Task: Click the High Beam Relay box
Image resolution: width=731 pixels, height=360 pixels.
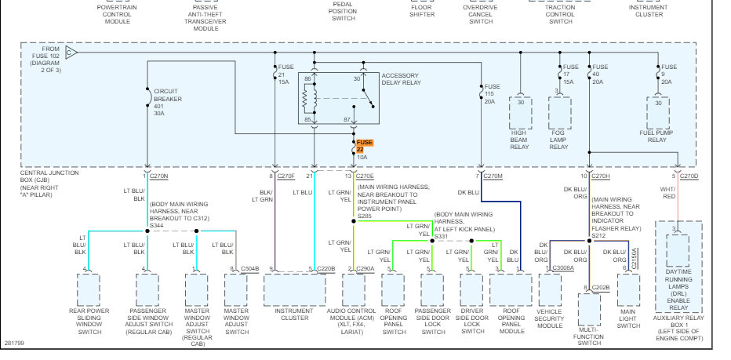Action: coord(521,113)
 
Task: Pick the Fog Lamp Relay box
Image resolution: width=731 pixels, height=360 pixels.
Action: coord(558,113)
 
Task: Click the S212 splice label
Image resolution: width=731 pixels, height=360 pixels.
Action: coord(599,235)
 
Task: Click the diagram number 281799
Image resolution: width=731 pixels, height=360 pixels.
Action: coord(14,342)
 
